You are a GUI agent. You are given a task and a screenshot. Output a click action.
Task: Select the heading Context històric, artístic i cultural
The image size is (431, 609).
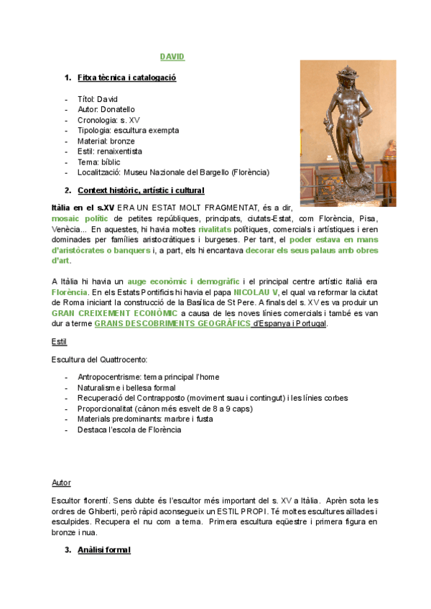(140, 190)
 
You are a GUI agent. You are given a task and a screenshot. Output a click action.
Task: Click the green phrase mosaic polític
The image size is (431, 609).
(79, 218)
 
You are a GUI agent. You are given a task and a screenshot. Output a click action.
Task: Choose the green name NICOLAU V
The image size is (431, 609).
(256, 292)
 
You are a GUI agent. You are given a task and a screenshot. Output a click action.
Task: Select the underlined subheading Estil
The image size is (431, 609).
(59, 341)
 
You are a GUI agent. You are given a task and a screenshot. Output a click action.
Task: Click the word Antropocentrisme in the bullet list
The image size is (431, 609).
(109, 377)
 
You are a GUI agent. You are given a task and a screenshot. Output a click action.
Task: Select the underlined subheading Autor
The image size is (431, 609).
(61, 483)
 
